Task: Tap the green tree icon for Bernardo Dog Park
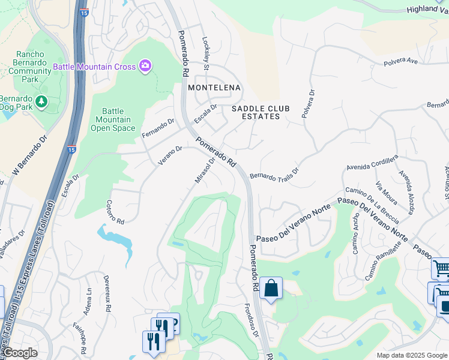(x=41, y=102)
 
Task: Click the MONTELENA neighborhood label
(x=214, y=88)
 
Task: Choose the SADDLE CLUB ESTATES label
(x=261, y=112)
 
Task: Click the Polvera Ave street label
(x=400, y=62)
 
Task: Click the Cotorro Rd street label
(x=115, y=212)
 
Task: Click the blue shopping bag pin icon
(x=271, y=288)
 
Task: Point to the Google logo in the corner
(x=20, y=353)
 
